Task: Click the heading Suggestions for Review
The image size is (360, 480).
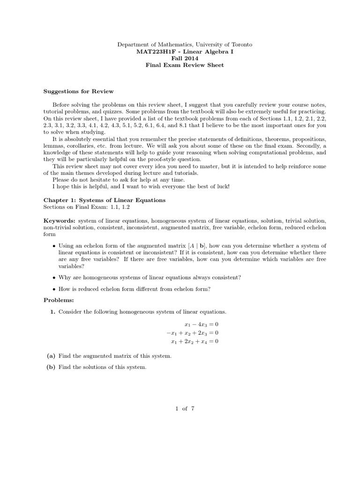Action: tap(78, 91)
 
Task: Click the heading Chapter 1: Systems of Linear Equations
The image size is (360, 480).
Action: tap(104, 200)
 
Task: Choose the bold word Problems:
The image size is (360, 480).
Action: tap(59, 300)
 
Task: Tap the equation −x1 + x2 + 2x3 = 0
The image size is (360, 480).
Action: tap(190, 333)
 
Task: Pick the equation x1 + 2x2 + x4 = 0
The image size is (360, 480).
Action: tap(195, 341)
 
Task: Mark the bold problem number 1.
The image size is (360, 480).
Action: tap(52, 312)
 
